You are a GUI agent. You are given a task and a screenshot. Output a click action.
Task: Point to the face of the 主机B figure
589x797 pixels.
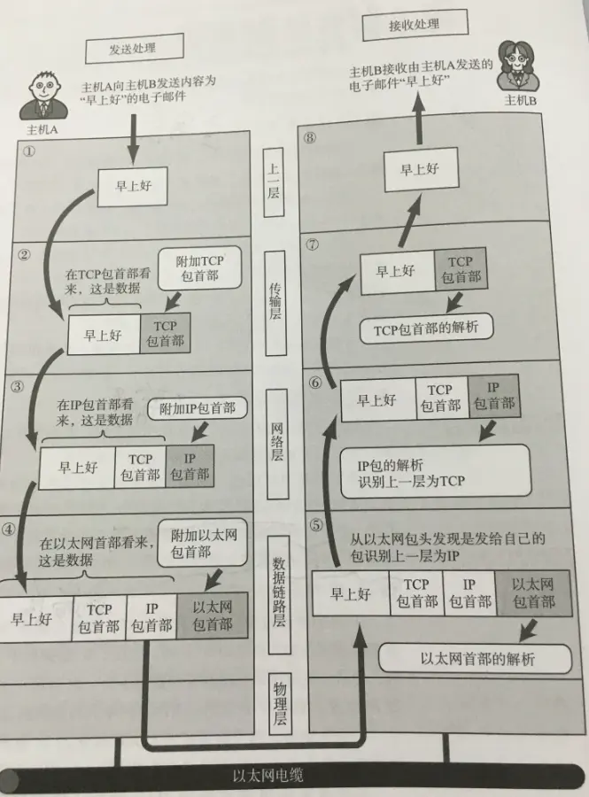[516, 58]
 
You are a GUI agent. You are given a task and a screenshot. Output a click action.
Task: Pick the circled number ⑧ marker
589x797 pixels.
[309, 138]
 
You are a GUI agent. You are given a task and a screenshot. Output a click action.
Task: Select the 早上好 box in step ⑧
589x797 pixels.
[421, 170]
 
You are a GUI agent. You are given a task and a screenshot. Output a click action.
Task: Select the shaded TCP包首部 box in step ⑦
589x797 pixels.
[460, 269]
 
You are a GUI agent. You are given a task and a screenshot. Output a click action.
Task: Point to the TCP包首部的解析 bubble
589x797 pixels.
[426, 329]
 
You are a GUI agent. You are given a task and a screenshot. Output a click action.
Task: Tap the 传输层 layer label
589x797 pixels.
[275, 301]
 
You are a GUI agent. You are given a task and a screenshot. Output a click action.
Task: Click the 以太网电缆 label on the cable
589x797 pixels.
[268, 776]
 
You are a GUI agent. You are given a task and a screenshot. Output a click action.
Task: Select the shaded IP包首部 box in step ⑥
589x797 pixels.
[493, 397]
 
